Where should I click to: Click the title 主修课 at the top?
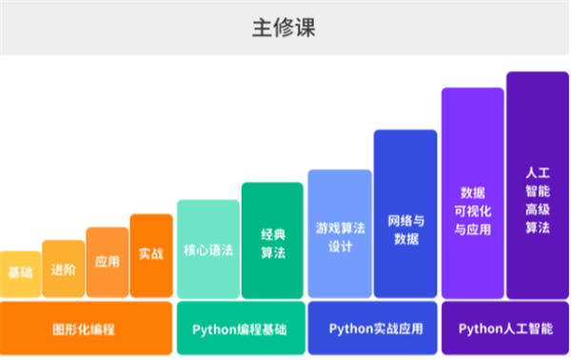point(285,28)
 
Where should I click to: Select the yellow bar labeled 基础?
point(20,274)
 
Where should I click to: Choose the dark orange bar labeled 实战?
point(151,255)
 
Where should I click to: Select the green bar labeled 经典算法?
point(271,240)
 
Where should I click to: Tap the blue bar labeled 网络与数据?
point(405,214)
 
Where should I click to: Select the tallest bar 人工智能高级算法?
point(538,186)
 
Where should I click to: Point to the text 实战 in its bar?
point(151,254)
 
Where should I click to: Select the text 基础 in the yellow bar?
point(20,273)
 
